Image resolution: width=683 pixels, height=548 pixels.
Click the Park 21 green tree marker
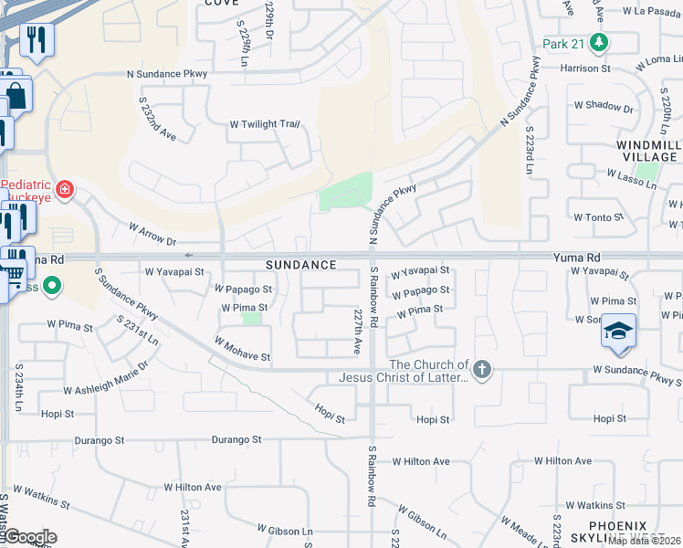[x=599, y=42]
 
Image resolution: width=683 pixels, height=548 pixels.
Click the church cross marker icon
[x=482, y=370]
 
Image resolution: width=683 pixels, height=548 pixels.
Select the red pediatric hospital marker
[x=64, y=190]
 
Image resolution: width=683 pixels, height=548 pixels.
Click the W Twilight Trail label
[x=265, y=124]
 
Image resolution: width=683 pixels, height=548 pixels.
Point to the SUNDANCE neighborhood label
[x=301, y=265]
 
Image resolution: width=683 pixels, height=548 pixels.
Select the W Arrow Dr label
[x=152, y=235]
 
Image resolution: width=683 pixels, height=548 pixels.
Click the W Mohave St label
[x=243, y=350]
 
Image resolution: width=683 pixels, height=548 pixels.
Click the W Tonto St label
[x=598, y=217]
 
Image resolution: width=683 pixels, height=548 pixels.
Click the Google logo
[x=29, y=537]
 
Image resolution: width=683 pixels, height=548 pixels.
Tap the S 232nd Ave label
[x=156, y=120]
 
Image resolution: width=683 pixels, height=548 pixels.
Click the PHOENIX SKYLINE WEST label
[x=617, y=532]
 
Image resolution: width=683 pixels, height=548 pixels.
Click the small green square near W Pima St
[x=251, y=319]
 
